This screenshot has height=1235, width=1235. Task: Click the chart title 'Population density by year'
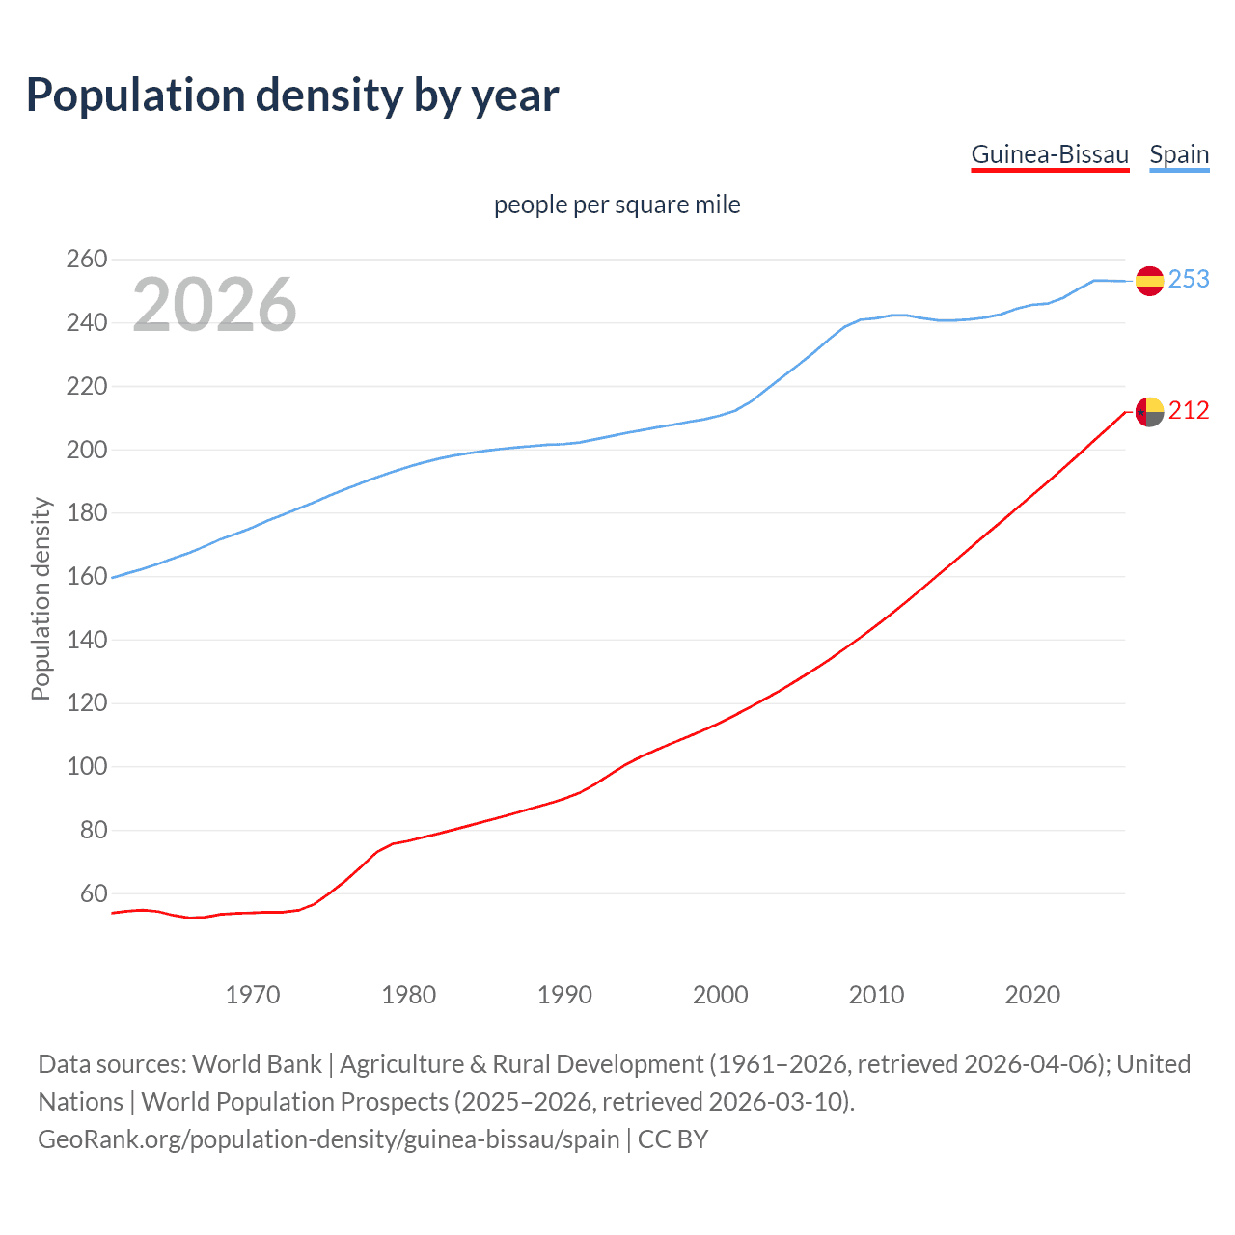[x=292, y=96]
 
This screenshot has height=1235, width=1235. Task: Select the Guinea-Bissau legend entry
[x=1050, y=154]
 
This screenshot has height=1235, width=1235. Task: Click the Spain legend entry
[x=1179, y=154]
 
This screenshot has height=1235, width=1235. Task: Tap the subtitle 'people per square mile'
[x=617, y=205]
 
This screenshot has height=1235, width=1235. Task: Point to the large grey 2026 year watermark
[x=214, y=305]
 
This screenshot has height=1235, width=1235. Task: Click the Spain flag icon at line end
[x=1149, y=281]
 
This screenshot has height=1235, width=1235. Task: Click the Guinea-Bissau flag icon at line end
[x=1149, y=412]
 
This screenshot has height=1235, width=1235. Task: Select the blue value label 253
[x=1189, y=279]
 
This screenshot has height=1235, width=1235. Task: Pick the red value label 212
[x=1189, y=411]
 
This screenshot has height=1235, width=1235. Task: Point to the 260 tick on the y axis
[x=86, y=259]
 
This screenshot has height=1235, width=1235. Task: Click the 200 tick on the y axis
[x=86, y=450]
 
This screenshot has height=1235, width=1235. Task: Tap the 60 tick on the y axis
[x=93, y=893]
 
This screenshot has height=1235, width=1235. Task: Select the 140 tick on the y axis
[x=86, y=640]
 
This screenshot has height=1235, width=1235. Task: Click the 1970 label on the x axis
[x=253, y=995]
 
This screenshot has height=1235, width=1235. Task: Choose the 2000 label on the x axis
[x=721, y=995]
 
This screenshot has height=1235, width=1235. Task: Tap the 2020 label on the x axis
[x=1032, y=995]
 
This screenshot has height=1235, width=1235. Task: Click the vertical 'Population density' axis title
[x=41, y=598]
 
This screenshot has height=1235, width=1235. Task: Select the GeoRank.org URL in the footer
[x=328, y=1139]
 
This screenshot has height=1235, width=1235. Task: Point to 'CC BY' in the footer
[x=672, y=1139]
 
